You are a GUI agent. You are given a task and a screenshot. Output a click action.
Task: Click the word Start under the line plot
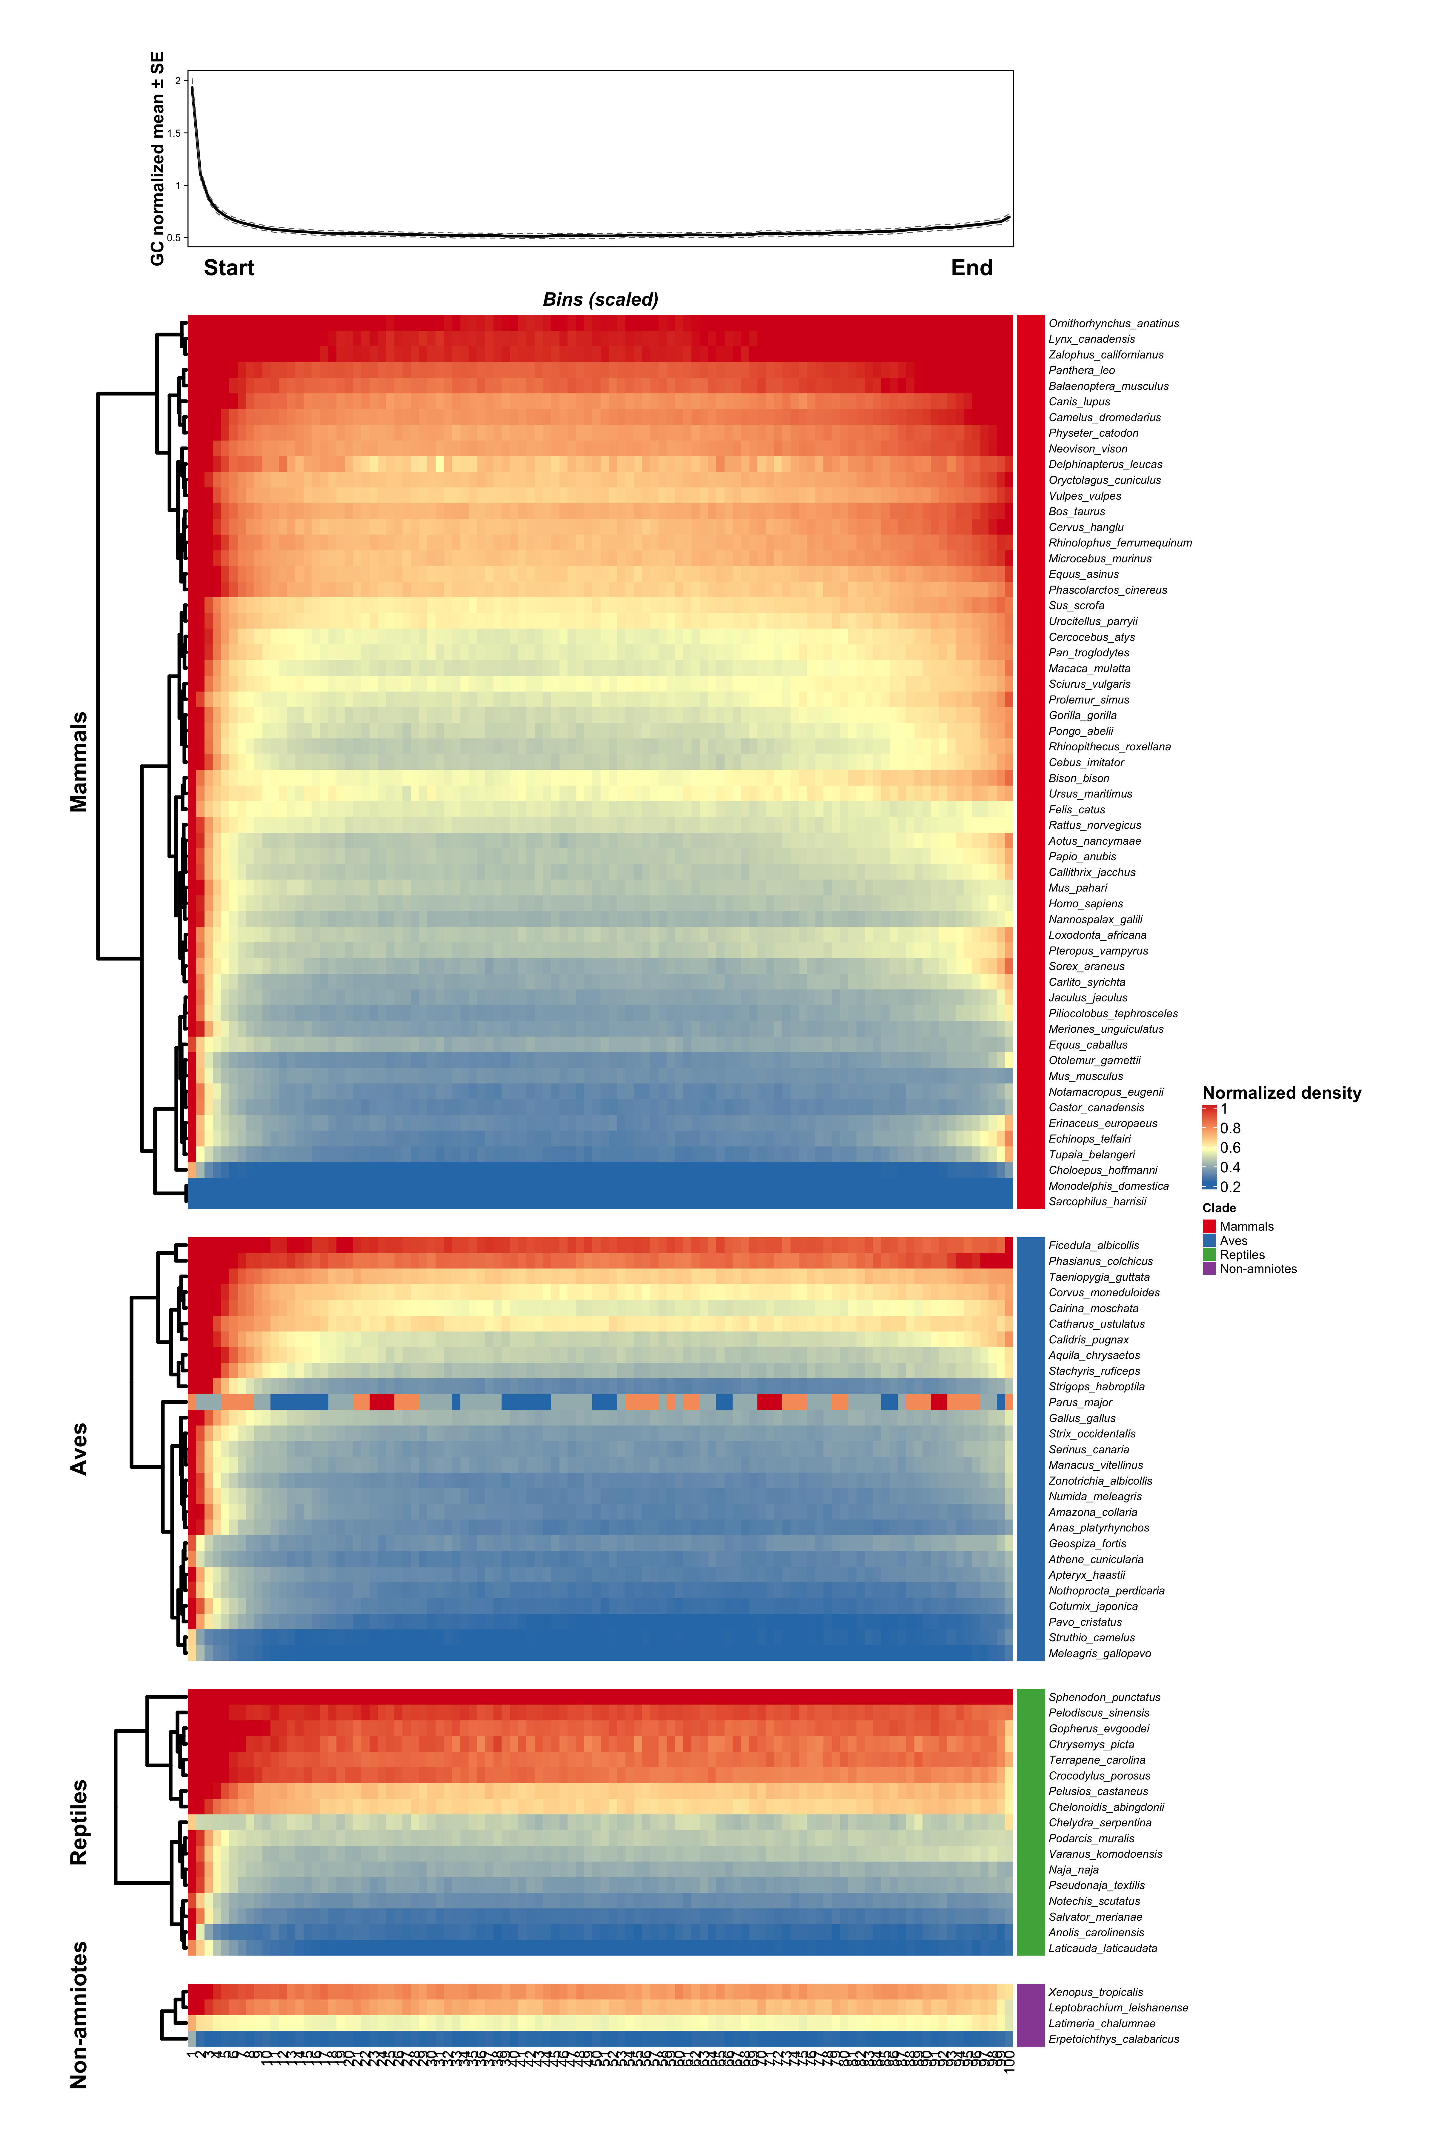(228, 268)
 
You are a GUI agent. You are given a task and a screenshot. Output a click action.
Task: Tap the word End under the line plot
(971, 268)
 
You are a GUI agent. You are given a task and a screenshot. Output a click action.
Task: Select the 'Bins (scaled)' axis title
(600, 300)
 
